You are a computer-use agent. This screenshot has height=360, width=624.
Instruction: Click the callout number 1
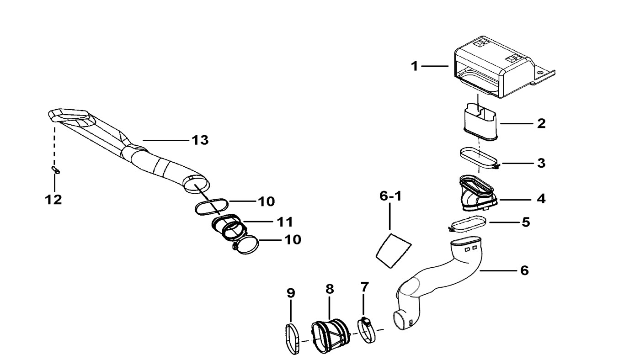pyautogui.click(x=415, y=66)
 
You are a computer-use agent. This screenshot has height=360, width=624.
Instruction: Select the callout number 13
pyautogui.click(x=200, y=140)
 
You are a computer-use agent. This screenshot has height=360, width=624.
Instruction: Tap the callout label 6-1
pyautogui.click(x=390, y=196)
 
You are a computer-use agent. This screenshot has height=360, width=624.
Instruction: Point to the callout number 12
pyautogui.click(x=53, y=200)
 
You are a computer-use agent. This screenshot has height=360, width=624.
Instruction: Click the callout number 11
pyautogui.click(x=285, y=222)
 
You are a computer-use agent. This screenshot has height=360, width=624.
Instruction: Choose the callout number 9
pyautogui.click(x=291, y=293)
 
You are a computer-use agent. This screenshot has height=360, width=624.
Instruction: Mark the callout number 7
pyautogui.click(x=364, y=286)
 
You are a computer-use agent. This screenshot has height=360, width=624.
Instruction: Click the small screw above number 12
pyautogui.click(x=56, y=170)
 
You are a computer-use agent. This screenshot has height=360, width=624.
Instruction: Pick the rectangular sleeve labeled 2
pyautogui.click(x=480, y=122)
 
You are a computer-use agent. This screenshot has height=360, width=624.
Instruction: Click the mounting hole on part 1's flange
pyautogui.click(x=540, y=73)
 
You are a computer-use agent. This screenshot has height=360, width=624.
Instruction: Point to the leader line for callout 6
pyautogui.click(x=498, y=270)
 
